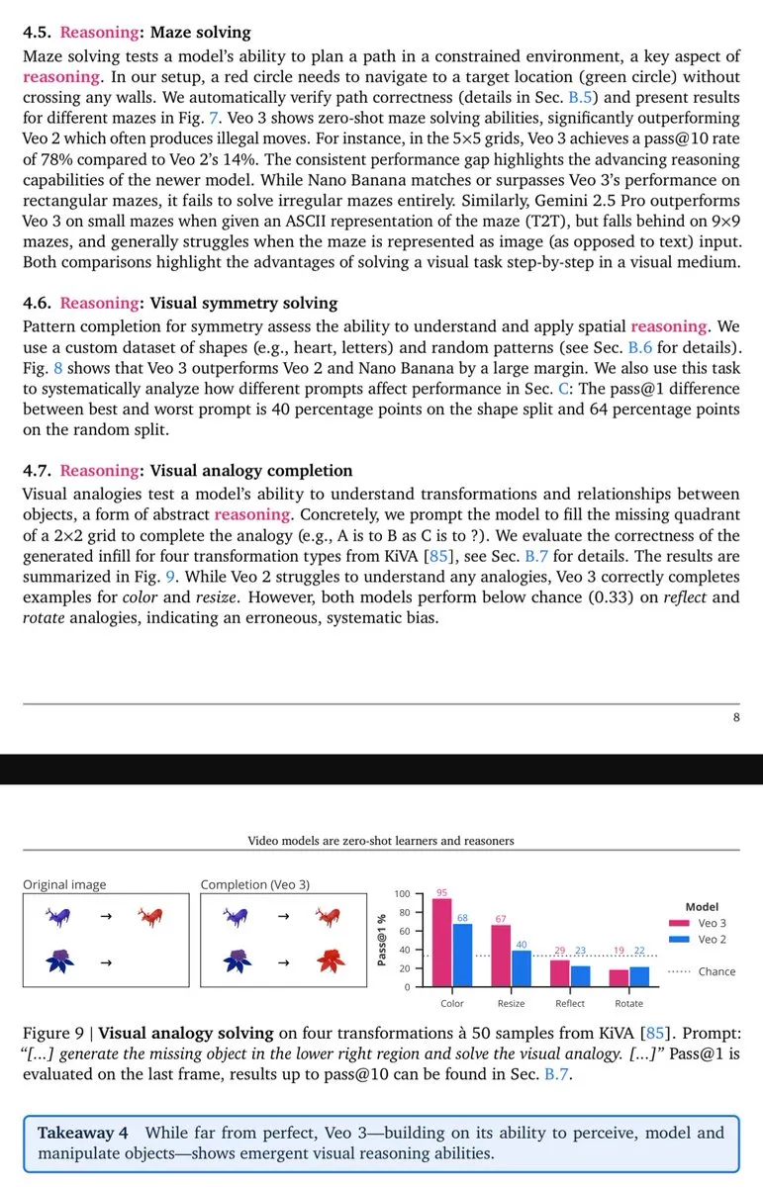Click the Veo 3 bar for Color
[x=442, y=942]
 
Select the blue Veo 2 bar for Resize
[x=522, y=968]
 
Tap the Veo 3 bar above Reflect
[x=559, y=973]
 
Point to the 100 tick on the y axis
[x=403, y=894]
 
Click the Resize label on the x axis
[x=511, y=1003]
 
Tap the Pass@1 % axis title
[x=381, y=940]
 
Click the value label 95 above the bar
[x=442, y=892]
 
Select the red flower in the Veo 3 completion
[x=330, y=959]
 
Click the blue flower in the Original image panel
[x=63, y=959]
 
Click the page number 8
[x=736, y=718]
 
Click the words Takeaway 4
[x=83, y=1133]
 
